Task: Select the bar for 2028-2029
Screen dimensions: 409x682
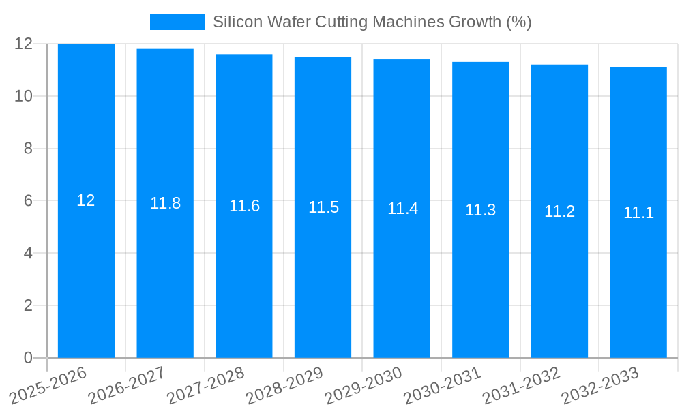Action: (323, 273)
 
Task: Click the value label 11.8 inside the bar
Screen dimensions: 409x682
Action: (165, 203)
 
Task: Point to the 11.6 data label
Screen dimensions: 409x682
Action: (244, 206)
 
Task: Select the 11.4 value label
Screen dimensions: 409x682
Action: (402, 209)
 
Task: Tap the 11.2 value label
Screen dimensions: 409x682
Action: (559, 211)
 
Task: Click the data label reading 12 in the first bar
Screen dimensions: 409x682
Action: (86, 200)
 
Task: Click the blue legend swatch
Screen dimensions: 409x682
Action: (177, 22)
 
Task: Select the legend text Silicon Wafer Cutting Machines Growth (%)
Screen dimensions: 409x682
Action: (372, 22)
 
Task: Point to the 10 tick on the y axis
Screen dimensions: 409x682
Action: (24, 96)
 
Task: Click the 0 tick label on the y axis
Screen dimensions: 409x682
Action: (28, 358)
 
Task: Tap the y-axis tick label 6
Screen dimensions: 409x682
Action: (28, 201)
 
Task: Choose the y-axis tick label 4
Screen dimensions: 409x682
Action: (28, 253)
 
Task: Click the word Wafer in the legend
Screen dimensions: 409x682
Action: (289, 22)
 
